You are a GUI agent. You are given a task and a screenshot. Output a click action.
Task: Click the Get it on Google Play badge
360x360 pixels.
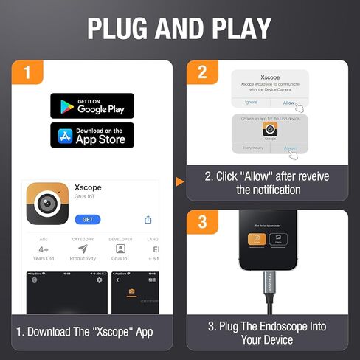coord(92,105)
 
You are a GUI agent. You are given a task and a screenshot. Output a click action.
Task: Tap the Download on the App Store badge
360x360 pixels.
coord(92,136)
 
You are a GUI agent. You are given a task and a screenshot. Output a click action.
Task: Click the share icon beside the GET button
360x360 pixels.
coord(148,220)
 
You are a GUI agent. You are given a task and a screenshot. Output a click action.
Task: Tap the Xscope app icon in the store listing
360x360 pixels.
coord(47,204)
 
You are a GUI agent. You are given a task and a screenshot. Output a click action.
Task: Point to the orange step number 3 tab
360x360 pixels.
coord(201,223)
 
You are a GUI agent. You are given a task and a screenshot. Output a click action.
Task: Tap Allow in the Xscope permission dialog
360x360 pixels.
coord(288,103)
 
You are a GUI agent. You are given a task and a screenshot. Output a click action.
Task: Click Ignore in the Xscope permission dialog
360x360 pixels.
coord(251,103)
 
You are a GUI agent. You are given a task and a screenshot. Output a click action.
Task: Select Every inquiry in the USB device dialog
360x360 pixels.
coord(251,148)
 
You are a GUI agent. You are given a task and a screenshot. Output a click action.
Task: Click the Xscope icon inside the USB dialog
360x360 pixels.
coord(270,128)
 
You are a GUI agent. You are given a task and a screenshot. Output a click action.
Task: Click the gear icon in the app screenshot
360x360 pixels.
coord(100,280)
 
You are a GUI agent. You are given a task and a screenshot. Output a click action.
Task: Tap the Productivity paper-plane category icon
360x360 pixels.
coord(83,249)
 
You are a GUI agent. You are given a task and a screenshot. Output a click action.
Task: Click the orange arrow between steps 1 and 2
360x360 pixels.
coord(179,181)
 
